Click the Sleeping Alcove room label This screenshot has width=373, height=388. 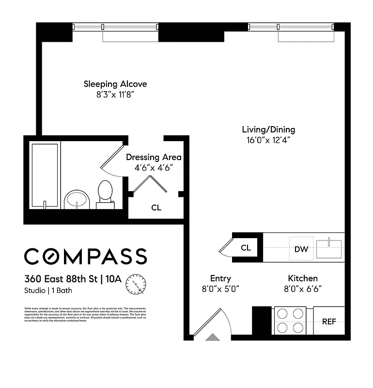pyautogui.click(x=115, y=84)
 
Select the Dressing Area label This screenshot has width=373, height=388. pyautogui.click(x=154, y=157)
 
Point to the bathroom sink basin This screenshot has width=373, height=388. pyautogui.click(x=77, y=199)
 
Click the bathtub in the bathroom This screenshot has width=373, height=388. pyautogui.click(x=45, y=175)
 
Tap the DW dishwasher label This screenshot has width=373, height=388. pyautogui.click(x=301, y=249)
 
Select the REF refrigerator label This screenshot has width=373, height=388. pyautogui.click(x=329, y=321)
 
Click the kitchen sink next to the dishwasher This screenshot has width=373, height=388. pyautogui.click(x=329, y=248)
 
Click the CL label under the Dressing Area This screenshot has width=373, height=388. pyautogui.click(x=156, y=208)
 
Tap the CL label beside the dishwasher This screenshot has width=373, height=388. pyautogui.click(x=246, y=248)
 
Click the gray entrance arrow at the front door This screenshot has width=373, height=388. pyautogui.click(x=212, y=337)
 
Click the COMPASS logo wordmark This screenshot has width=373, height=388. pyautogui.click(x=85, y=256)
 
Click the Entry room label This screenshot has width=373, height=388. pyautogui.click(x=220, y=278)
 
